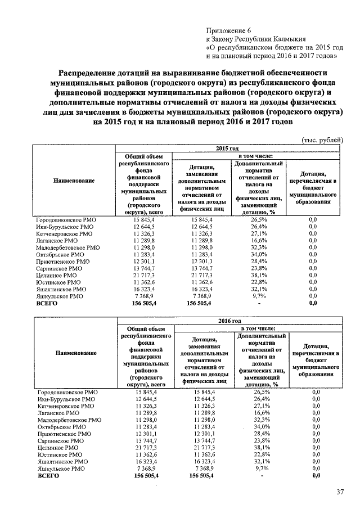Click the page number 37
tap(340, 492)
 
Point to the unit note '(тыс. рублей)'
tap(322, 139)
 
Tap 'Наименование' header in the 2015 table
tap(74, 181)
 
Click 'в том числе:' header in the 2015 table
tap(256, 155)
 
